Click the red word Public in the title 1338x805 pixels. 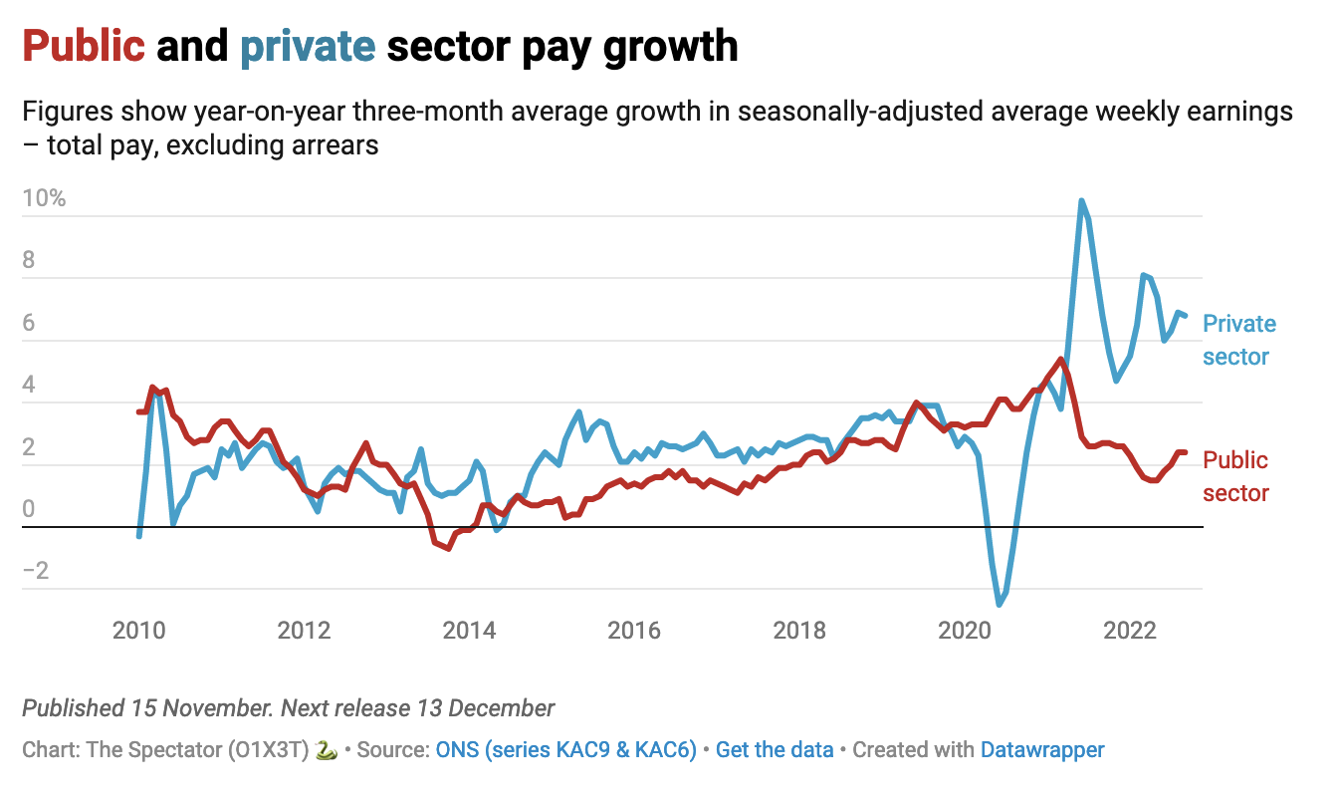point(84,47)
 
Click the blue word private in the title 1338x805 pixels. point(307,47)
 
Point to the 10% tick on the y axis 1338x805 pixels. point(44,198)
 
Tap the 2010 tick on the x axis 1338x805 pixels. point(138,631)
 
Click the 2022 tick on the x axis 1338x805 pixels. point(1130,631)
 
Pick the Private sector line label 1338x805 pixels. point(1238,340)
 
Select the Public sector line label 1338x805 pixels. point(1235,476)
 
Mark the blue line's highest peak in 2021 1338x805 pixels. point(1081,201)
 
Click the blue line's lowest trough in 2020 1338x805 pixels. point(1000,604)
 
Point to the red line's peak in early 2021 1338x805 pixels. point(1061,360)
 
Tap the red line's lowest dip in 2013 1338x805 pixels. point(449,548)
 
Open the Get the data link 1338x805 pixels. point(775,749)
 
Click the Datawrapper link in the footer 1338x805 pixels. point(1041,749)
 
